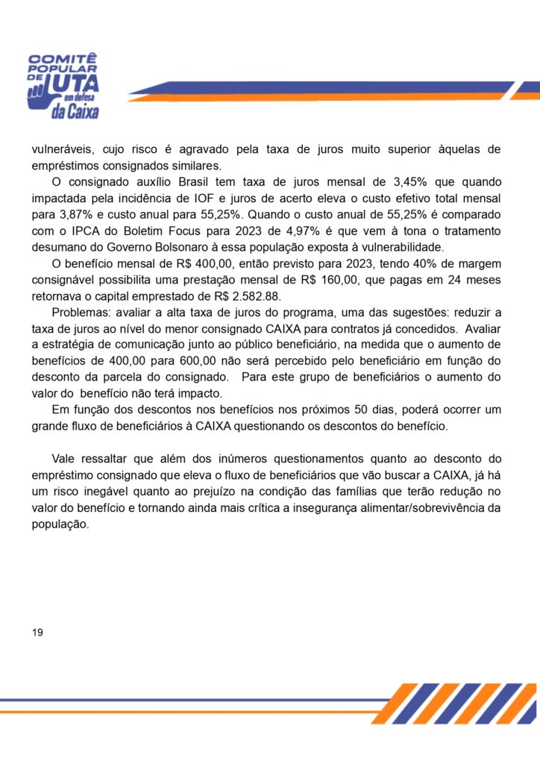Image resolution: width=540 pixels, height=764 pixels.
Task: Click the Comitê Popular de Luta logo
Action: (63, 86)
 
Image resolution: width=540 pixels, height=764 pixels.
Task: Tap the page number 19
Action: (38, 633)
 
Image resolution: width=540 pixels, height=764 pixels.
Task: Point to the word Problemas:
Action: (81, 313)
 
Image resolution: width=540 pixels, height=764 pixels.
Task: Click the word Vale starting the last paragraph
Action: (65, 458)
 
